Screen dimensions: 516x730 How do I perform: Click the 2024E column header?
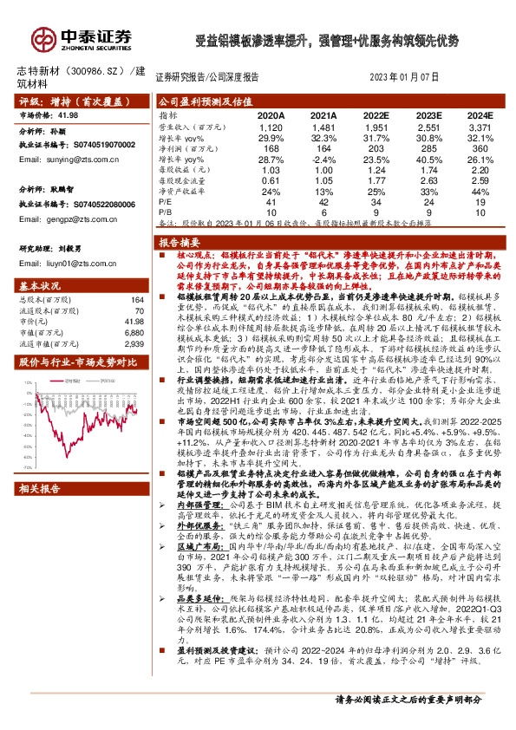480,114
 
